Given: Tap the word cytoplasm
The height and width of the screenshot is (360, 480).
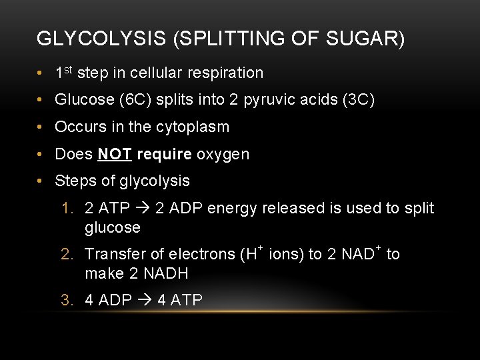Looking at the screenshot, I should coord(193,127).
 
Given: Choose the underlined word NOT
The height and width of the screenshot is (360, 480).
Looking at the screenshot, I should coord(114,154).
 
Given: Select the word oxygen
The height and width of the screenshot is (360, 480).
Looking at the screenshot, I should coord(223,154).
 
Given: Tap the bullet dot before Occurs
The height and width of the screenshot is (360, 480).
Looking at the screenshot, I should coord(41,127).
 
